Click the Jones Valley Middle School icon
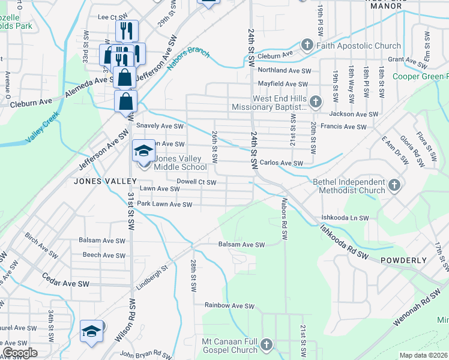(143, 151)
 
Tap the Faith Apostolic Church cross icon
(307, 46)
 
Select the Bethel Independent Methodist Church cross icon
(394, 186)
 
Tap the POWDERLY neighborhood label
(403, 260)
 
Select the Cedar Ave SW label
(65, 280)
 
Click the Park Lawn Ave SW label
(164, 205)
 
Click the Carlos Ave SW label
(282, 163)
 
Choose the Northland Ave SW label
(284, 70)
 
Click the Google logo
(20, 352)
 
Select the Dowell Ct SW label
(196, 181)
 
